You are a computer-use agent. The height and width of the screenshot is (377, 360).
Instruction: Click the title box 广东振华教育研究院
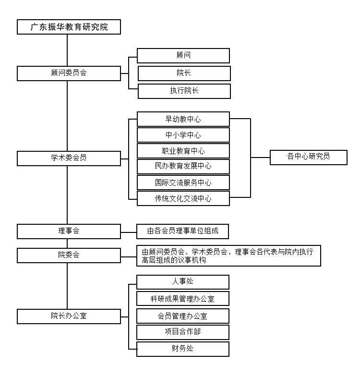click(69, 27)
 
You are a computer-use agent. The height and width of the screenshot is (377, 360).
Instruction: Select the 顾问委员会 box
click(69, 73)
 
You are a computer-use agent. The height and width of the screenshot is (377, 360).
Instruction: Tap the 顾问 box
click(183, 56)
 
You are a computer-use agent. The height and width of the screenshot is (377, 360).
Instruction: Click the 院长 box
click(184, 73)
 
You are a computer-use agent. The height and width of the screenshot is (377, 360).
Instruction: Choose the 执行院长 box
click(184, 91)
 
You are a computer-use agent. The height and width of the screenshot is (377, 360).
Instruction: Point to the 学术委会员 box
click(69, 158)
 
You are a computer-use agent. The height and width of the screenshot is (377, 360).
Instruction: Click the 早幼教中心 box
click(183, 119)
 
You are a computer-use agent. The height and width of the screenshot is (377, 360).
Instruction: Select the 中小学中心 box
click(183, 135)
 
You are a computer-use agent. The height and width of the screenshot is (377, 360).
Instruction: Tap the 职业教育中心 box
click(183, 151)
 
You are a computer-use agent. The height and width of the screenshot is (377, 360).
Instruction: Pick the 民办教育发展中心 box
click(183, 166)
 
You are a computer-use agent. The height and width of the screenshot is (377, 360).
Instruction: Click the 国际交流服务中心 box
click(183, 182)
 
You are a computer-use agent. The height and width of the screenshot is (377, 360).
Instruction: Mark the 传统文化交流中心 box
click(183, 198)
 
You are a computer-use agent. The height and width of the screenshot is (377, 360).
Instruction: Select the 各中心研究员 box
click(308, 157)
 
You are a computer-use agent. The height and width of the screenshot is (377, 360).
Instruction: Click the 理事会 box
click(69, 231)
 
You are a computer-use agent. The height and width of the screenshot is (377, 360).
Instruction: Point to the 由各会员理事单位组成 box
click(182, 231)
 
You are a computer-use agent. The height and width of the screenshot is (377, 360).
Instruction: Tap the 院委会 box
click(69, 255)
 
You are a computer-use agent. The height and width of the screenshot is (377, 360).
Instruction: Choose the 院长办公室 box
click(69, 316)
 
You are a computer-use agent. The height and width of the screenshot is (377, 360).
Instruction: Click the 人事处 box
click(182, 282)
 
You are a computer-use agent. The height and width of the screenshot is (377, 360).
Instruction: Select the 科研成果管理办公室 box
click(182, 299)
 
